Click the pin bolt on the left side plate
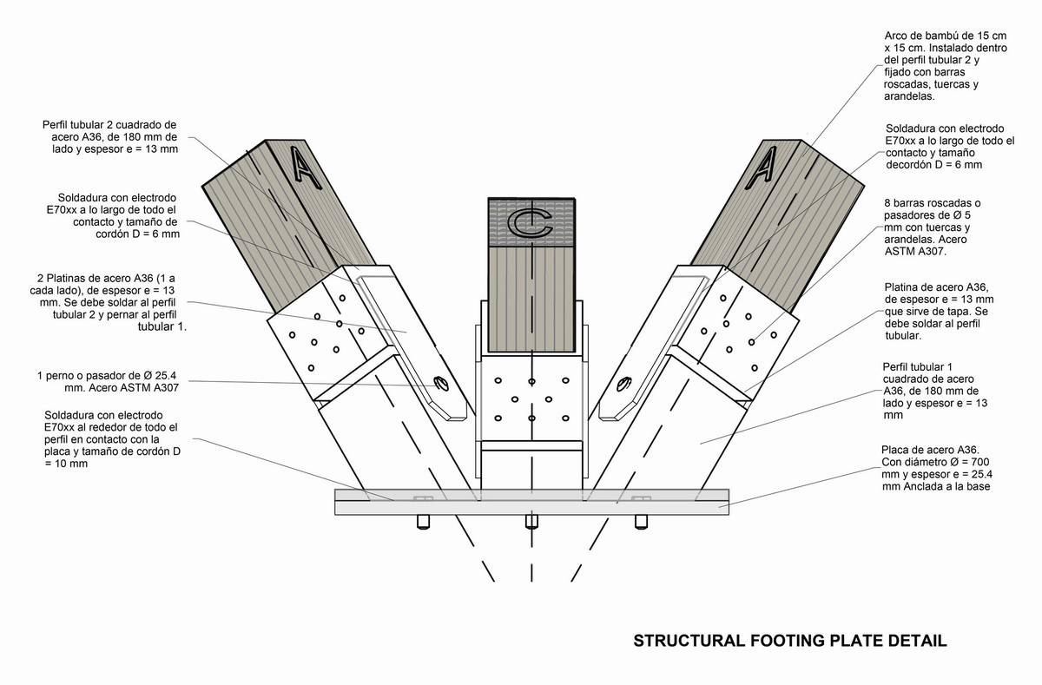[440, 381]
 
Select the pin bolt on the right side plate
[623, 382]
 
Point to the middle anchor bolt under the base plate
[531, 522]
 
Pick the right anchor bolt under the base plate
[642, 522]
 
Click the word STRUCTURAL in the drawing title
[685, 642]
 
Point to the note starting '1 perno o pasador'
[109, 382]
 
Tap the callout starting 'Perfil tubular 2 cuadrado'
[109, 136]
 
